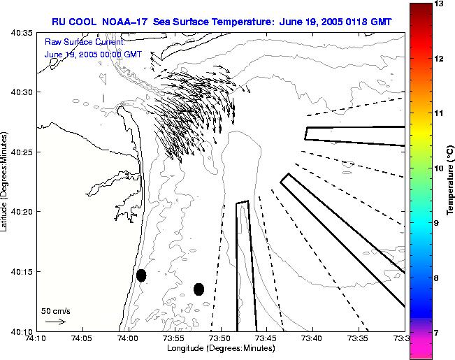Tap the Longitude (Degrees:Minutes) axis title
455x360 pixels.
tap(220, 348)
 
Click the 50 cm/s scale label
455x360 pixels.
tap(55, 310)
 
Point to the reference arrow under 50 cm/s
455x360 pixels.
tap(55, 322)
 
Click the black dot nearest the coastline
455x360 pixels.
tap(141, 275)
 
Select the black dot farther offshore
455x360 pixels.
tap(198, 289)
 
